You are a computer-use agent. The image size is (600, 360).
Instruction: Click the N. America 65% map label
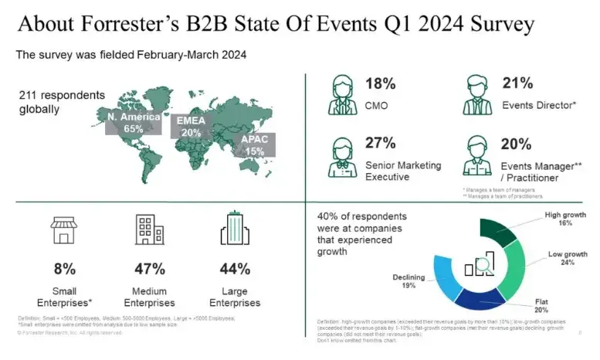(x=134, y=123)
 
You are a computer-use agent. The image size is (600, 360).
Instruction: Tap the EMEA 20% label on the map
(x=190, y=127)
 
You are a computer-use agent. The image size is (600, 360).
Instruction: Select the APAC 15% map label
(x=256, y=145)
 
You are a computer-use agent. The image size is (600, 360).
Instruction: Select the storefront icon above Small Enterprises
(x=64, y=229)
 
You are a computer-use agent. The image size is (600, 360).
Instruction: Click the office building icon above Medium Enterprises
(x=149, y=229)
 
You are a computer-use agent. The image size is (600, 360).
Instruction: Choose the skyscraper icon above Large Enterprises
(x=235, y=230)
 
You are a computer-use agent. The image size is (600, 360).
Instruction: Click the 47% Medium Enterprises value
(x=149, y=269)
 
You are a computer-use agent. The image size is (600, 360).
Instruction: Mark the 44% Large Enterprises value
(x=235, y=269)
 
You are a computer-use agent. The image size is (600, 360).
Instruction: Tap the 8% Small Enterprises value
(x=64, y=269)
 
